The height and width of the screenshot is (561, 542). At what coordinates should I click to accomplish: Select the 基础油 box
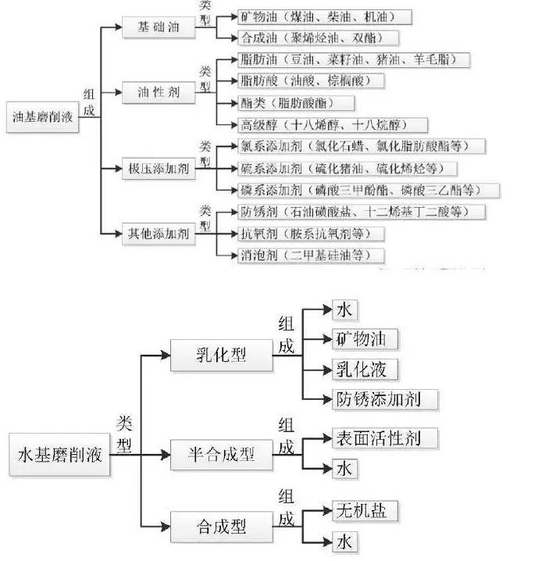point(158,26)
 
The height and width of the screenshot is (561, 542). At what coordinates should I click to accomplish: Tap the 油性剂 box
point(158,92)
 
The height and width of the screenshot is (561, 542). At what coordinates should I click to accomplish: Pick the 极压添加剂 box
point(158,167)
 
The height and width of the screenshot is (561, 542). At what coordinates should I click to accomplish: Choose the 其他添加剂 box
point(158,233)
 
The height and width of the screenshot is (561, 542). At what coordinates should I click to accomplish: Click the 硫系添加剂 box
point(348,168)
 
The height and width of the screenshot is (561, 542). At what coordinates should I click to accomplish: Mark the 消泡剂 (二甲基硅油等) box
point(312,255)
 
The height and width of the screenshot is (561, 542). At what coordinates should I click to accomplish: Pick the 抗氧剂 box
point(312,233)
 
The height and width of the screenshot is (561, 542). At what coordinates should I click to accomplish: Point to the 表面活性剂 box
point(381,438)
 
